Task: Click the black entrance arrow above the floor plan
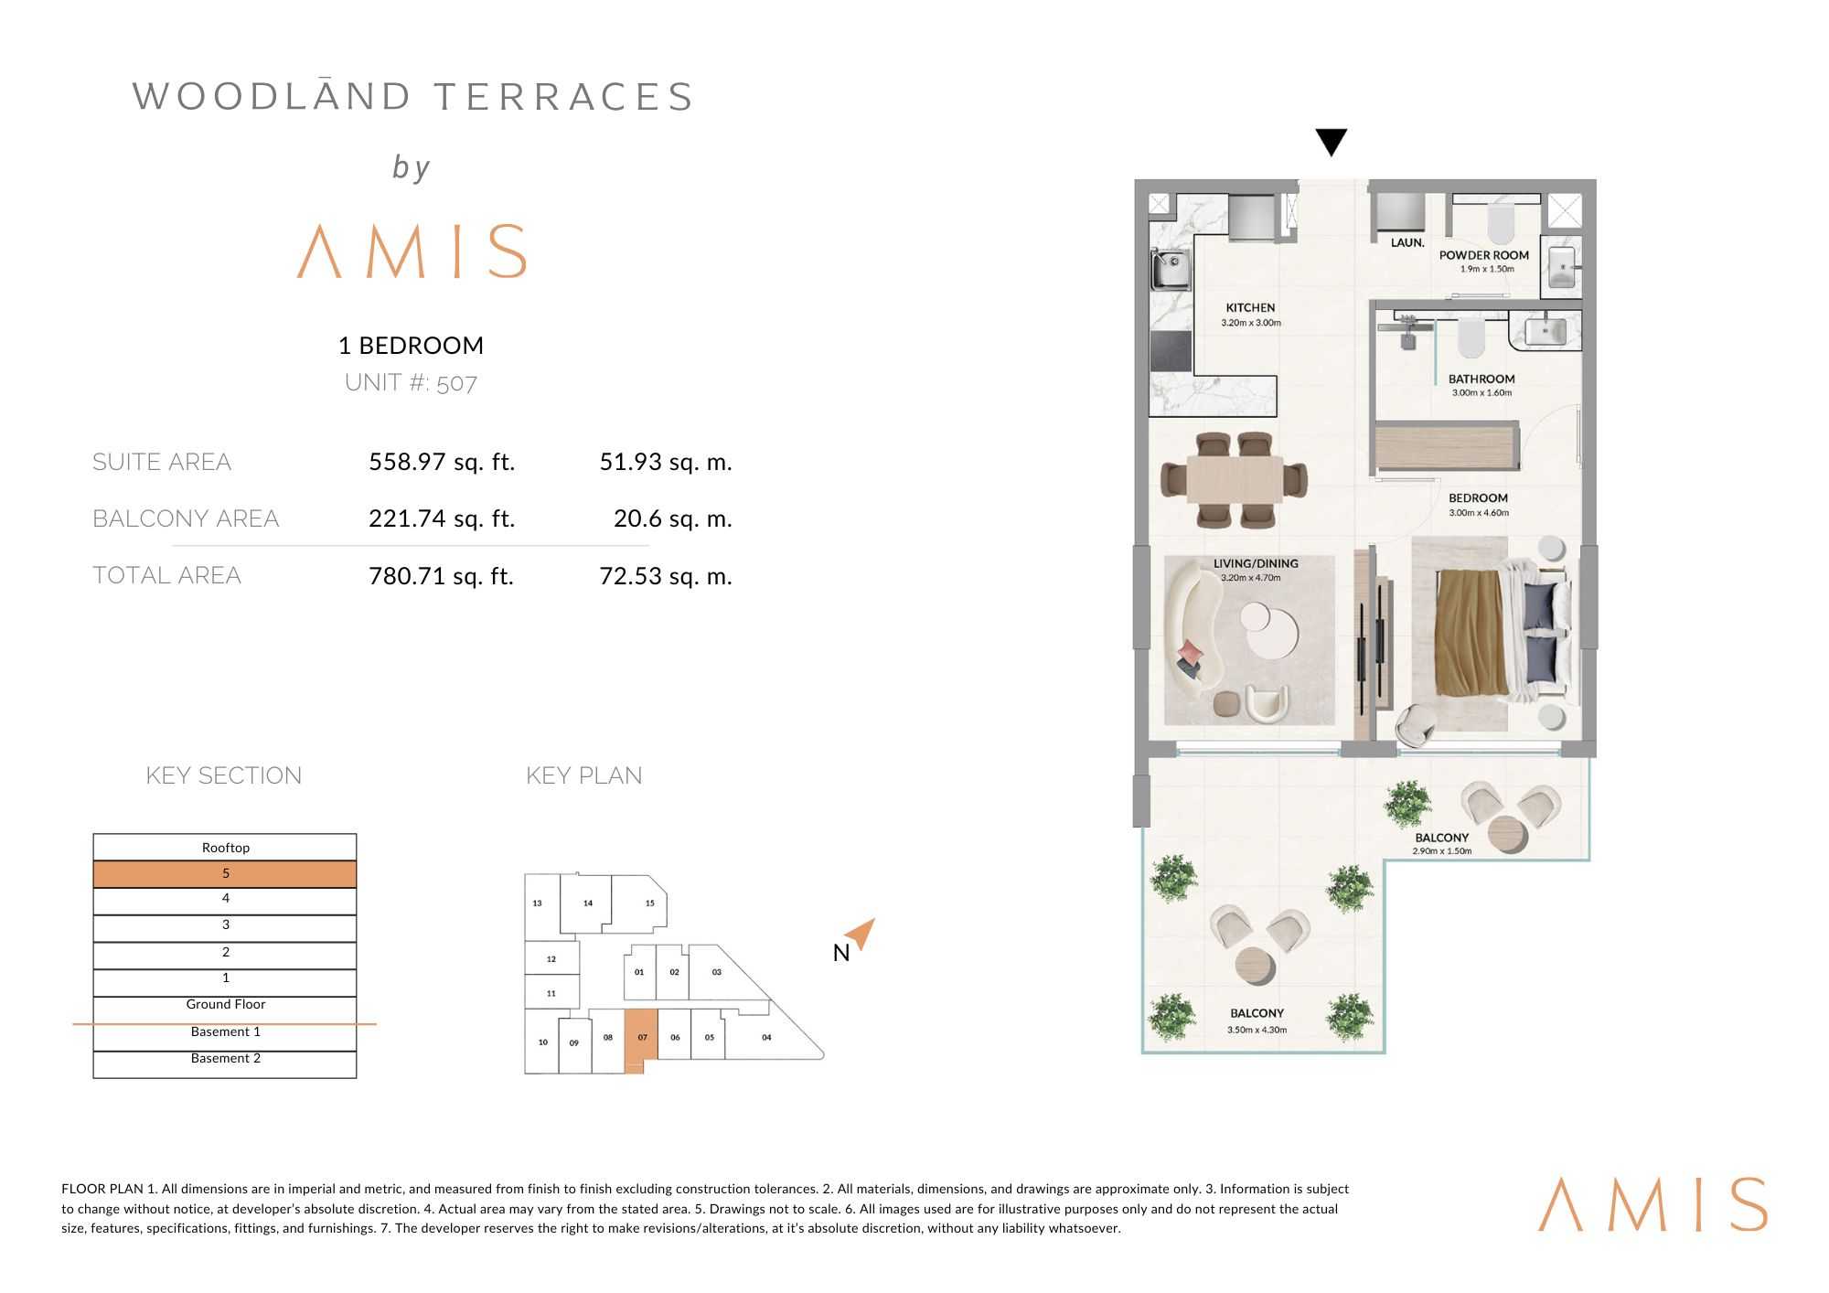(x=1331, y=142)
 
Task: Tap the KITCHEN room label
(x=1250, y=308)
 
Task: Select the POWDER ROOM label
(x=1483, y=256)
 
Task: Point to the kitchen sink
(x=1170, y=269)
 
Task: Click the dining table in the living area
(x=1235, y=479)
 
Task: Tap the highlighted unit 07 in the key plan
(x=642, y=1038)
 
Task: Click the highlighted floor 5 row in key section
(x=225, y=874)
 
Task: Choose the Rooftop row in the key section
(x=225, y=848)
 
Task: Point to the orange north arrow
(x=861, y=933)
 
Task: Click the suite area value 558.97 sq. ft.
(x=442, y=462)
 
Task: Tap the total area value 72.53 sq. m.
(x=666, y=576)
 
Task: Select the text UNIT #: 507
(x=411, y=382)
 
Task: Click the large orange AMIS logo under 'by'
(x=412, y=251)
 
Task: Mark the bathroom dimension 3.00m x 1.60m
(x=1481, y=393)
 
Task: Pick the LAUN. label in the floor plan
(x=1407, y=243)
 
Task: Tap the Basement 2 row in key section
(x=225, y=1059)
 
